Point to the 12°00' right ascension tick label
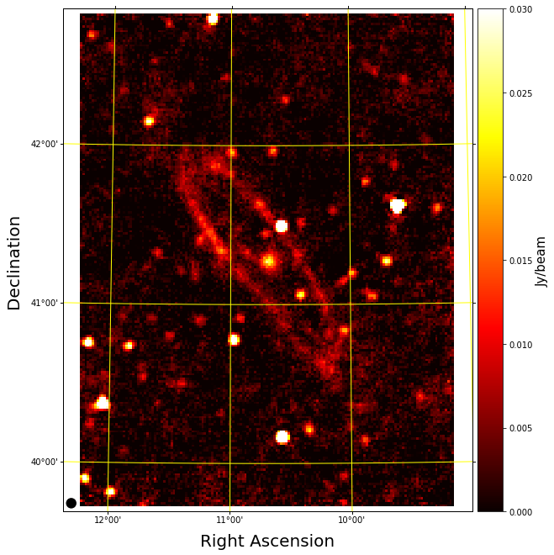click(x=108, y=519)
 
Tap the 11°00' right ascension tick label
click(x=230, y=519)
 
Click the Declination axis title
click(x=14, y=262)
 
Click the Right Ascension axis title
click(x=267, y=542)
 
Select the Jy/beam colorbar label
click(x=542, y=261)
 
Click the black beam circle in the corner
click(x=71, y=503)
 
